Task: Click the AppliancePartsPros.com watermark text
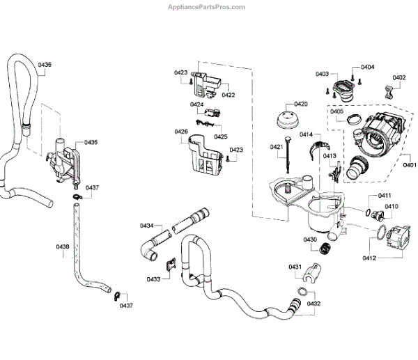[x=208, y=7]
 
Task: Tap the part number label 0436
[x=45, y=65]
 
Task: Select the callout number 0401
[x=410, y=165]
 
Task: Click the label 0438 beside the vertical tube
[x=63, y=246]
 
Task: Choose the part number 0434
[x=146, y=226]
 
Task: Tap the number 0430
[x=310, y=240]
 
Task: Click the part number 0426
[x=181, y=132]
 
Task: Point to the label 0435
[x=91, y=143]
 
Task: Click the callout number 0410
[x=392, y=206]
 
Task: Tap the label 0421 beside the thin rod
[x=276, y=146]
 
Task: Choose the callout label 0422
[x=229, y=95]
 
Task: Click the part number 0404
[x=367, y=68]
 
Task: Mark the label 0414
[x=306, y=134]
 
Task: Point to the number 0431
[x=295, y=267]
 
